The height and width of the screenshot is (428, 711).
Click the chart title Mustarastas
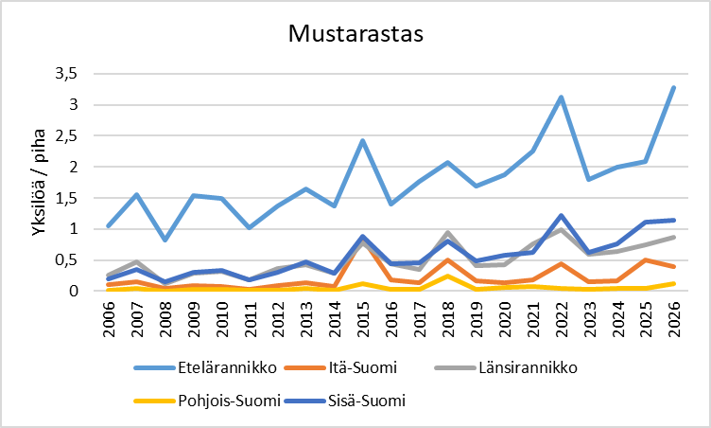(x=355, y=34)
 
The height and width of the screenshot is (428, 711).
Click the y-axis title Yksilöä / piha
(x=41, y=182)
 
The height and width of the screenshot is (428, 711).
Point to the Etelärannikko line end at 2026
(x=673, y=87)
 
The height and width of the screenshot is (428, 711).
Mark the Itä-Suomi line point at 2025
(x=645, y=259)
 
